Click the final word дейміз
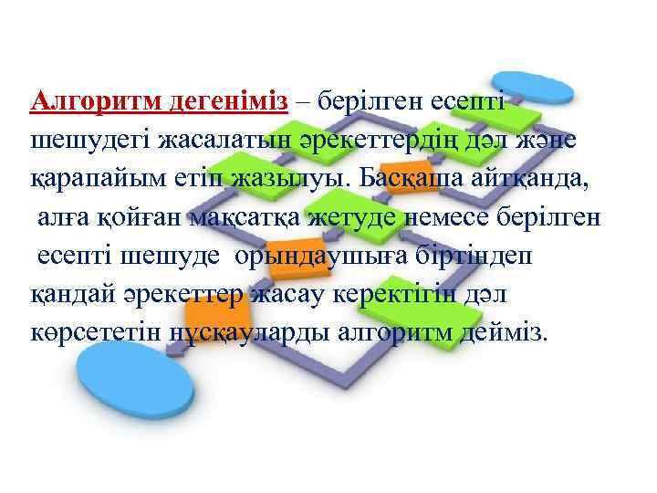504,334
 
